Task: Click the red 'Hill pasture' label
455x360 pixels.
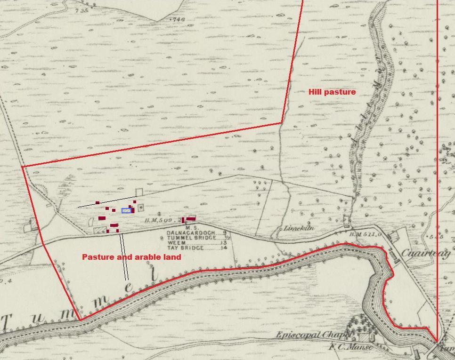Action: point(332,92)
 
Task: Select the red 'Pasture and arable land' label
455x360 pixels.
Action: point(131,257)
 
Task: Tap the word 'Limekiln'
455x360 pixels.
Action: point(299,228)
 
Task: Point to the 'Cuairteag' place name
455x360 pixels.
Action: point(426,253)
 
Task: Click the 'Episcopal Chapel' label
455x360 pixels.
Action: point(314,335)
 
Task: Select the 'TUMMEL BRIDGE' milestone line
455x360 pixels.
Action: point(191,238)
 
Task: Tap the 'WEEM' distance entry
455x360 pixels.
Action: point(176,243)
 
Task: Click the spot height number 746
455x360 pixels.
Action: point(179,19)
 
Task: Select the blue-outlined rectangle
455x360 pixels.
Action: point(126,211)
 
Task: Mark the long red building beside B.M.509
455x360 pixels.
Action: point(191,219)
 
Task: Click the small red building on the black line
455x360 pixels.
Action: point(97,203)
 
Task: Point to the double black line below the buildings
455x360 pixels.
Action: point(124,256)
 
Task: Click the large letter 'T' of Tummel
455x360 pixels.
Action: point(7,323)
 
